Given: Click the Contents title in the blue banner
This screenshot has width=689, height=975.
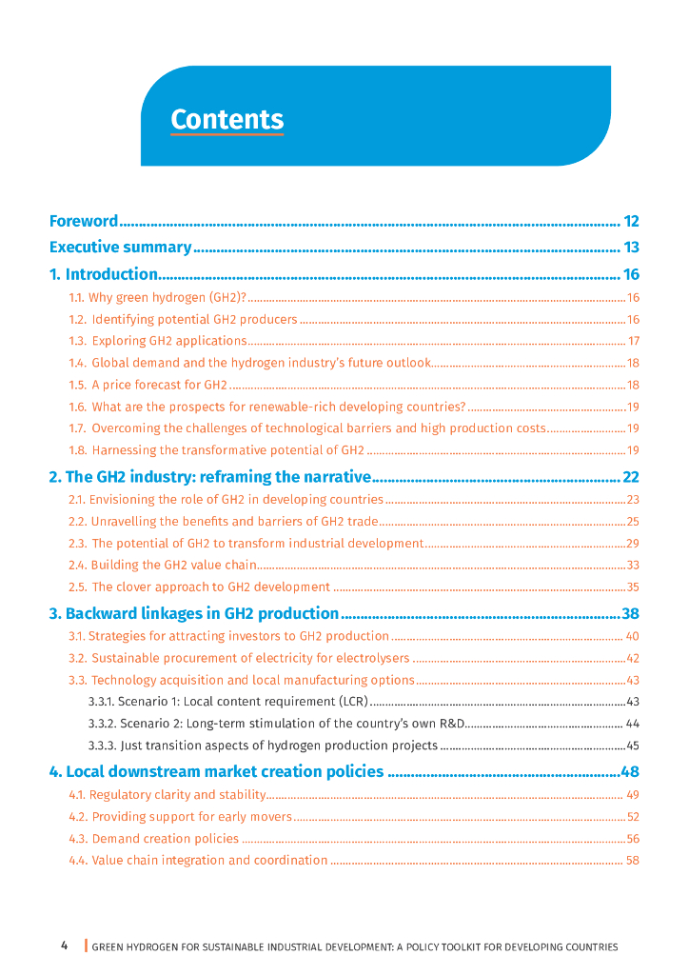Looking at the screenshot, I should pyautogui.click(x=226, y=120).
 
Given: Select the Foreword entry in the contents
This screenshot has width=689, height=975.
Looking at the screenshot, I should pyautogui.click(x=84, y=222).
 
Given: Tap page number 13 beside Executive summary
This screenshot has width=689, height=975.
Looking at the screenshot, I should pyautogui.click(x=631, y=248).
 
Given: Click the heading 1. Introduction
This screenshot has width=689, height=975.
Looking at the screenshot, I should pyautogui.click(x=103, y=274).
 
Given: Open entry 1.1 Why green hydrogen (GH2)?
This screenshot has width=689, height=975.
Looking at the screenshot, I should pyautogui.click(x=157, y=297).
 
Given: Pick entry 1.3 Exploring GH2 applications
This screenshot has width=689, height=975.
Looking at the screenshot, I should pyautogui.click(x=157, y=341).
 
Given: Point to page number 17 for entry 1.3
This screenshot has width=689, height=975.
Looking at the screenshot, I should pyautogui.click(x=633, y=341).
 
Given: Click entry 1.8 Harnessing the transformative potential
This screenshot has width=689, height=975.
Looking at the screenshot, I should pyautogui.click(x=216, y=449).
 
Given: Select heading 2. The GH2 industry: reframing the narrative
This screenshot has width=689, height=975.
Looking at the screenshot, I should pyautogui.click(x=208, y=477).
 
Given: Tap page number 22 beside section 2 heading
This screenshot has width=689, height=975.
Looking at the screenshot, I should pyautogui.click(x=630, y=477).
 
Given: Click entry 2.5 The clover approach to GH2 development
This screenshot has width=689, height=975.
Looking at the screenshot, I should pyautogui.click(x=199, y=587).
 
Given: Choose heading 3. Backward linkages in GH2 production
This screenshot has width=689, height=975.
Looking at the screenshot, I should pyautogui.click(x=194, y=614).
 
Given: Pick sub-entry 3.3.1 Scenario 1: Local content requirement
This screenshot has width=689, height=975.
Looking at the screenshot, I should pyautogui.click(x=227, y=702).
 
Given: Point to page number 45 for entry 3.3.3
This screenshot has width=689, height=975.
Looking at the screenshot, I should pyautogui.click(x=633, y=746).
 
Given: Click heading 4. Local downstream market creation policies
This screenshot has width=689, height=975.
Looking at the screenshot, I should pyautogui.click(x=216, y=771).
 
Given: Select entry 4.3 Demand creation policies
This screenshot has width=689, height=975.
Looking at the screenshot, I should pyautogui.click(x=153, y=839).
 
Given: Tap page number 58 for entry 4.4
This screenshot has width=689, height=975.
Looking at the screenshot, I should pyautogui.click(x=633, y=861).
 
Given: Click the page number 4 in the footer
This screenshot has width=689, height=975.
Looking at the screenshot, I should pyautogui.click(x=65, y=945).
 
